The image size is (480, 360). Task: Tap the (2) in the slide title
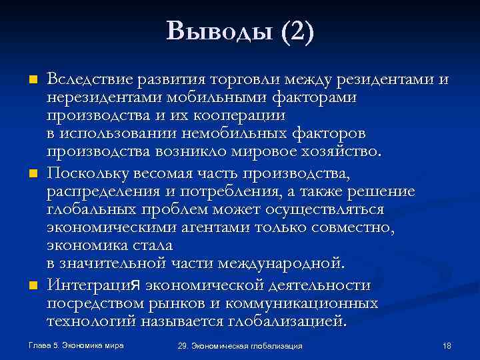297,31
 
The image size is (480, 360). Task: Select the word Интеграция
94,285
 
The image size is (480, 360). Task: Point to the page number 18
447,346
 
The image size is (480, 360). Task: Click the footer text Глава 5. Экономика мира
77,345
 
